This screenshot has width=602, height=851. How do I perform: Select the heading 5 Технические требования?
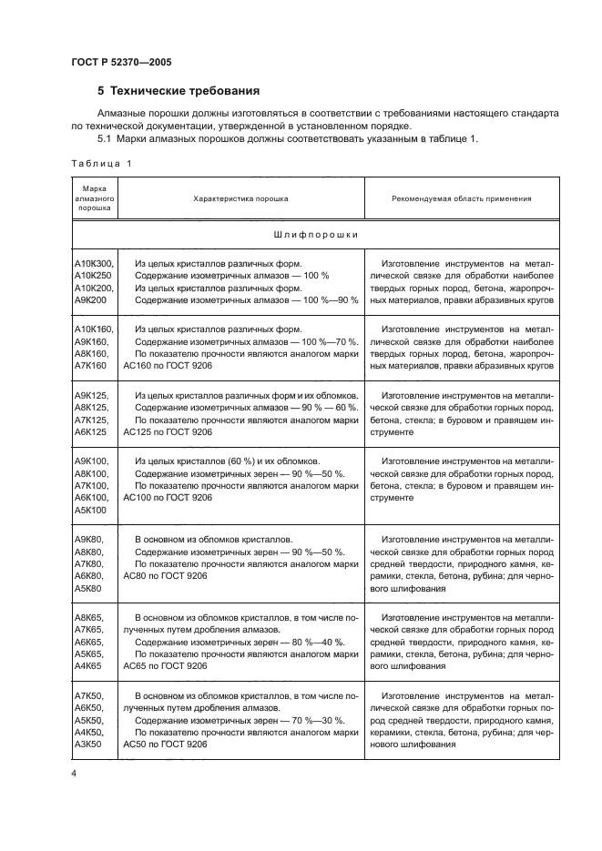click(179, 92)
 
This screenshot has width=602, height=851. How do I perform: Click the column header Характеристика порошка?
click(241, 198)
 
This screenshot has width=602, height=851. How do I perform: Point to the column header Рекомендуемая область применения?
click(462, 198)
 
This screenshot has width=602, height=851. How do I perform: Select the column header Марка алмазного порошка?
click(93, 198)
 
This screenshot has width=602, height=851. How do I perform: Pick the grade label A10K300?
click(93, 263)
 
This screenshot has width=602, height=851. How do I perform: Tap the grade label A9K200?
click(91, 299)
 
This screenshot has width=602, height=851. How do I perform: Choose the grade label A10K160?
click(93, 329)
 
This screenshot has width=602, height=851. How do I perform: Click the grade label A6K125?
click(91, 431)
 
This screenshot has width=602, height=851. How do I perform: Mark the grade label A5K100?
click(91, 510)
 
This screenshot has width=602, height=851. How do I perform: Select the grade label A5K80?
click(88, 588)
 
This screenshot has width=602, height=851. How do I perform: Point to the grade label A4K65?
click(88, 665)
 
